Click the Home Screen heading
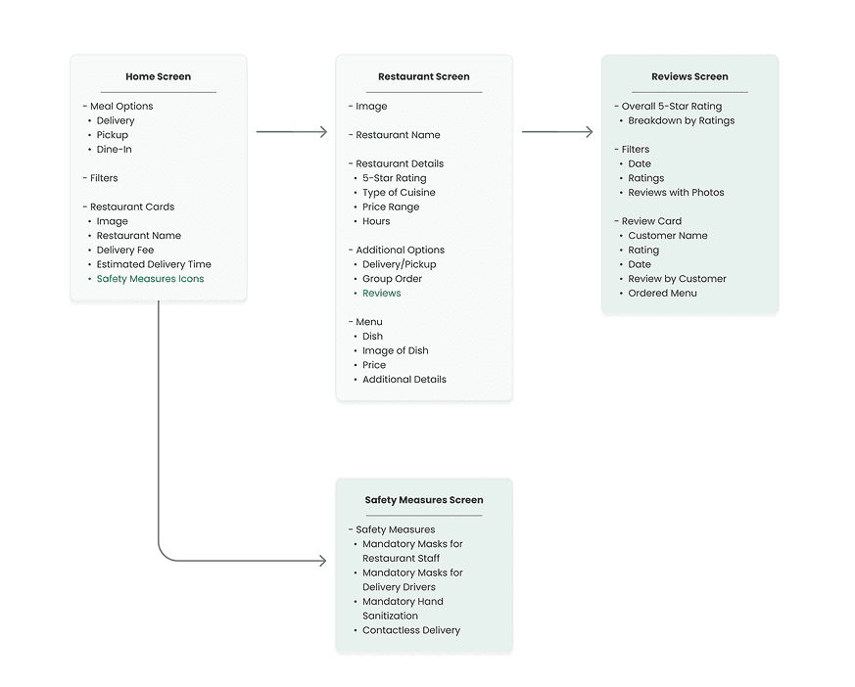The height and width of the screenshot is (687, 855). (158, 76)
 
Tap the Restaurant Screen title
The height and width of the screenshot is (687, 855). (424, 76)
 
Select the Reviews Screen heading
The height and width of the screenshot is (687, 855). (689, 76)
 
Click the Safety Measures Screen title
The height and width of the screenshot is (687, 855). (424, 500)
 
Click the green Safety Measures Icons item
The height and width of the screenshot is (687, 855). (150, 279)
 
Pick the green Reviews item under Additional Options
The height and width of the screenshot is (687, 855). (382, 294)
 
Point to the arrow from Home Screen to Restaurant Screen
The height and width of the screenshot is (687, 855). (292, 132)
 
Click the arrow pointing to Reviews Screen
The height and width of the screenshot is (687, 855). (557, 132)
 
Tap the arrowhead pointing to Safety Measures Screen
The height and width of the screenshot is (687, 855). (323, 561)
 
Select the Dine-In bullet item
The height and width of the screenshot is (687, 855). (114, 150)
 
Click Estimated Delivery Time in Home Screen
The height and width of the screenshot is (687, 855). (154, 264)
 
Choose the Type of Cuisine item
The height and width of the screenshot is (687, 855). (399, 193)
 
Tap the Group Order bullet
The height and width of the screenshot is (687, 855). (392, 279)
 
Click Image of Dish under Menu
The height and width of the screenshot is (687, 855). (396, 351)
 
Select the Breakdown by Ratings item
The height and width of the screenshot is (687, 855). (681, 121)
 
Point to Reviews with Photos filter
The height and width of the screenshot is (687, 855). (676, 193)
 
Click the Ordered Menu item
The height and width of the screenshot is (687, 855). (662, 294)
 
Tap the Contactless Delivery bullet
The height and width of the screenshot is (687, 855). (411, 630)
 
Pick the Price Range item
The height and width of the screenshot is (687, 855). (391, 207)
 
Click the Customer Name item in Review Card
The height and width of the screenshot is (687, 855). (668, 236)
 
